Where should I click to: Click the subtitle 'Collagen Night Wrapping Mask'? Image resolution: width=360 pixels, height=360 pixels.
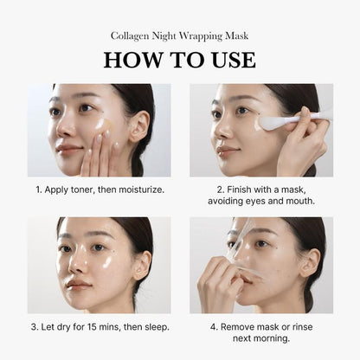point(180,35)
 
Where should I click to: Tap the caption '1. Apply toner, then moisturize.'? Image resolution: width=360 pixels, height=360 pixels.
point(99,188)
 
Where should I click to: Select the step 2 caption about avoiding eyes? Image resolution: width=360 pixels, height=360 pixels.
point(261,194)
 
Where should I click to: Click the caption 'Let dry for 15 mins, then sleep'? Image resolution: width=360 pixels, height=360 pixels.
point(99,326)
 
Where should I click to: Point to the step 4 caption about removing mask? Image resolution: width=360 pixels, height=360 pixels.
point(261,332)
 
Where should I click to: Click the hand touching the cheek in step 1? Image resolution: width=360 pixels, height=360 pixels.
point(97,156)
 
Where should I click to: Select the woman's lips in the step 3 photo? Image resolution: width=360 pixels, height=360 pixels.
point(77,284)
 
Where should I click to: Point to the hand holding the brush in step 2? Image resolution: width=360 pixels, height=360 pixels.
point(308,143)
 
